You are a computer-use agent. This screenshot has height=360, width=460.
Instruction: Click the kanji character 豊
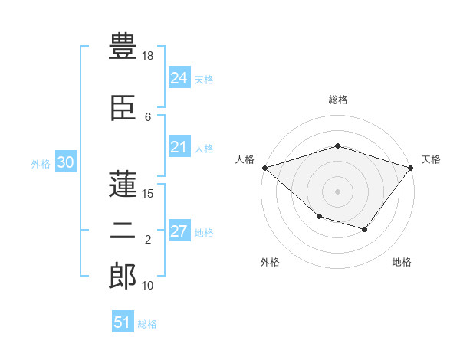pos(123,46)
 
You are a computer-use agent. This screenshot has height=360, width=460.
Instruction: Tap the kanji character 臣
pos(123,110)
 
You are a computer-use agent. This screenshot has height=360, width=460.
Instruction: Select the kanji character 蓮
pos(123,182)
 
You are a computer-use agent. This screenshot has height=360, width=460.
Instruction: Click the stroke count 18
pos(149,57)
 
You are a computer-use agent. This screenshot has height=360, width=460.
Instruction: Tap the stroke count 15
pos(149,194)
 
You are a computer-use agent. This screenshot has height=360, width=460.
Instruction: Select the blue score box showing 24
pos(179,78)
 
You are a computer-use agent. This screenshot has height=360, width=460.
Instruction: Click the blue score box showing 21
pos(179,147)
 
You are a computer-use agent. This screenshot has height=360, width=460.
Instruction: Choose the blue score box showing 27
pos(179,231)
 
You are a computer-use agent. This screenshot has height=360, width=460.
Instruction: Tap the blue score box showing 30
pos(65,162)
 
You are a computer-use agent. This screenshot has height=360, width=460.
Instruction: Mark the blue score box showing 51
pos(123,322)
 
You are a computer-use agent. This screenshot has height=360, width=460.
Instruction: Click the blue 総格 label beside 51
pos(147,324)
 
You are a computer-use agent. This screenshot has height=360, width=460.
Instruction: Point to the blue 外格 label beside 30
pos(41,163)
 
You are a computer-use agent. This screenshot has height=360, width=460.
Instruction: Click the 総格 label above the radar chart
pos(337,100)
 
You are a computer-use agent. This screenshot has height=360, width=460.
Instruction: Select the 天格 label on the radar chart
pos(431,159)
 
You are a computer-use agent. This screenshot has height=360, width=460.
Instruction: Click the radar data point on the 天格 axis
pos(411,168)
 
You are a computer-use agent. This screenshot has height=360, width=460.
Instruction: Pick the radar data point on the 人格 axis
pos(264,168)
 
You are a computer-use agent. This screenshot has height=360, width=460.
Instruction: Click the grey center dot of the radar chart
pos(337,191)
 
